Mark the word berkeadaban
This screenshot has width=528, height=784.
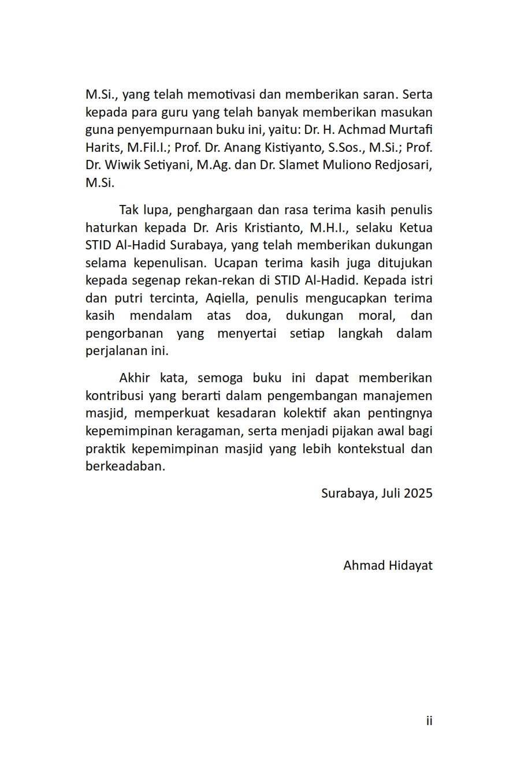pyautogui.click(x=125, y=466)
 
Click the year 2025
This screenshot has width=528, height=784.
pyautogui.click(x=418, y=494)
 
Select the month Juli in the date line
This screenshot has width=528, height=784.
pyautogui.click(x=391, y=494)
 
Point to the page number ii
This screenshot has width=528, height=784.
pyautogui.click(x=429, y=720)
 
